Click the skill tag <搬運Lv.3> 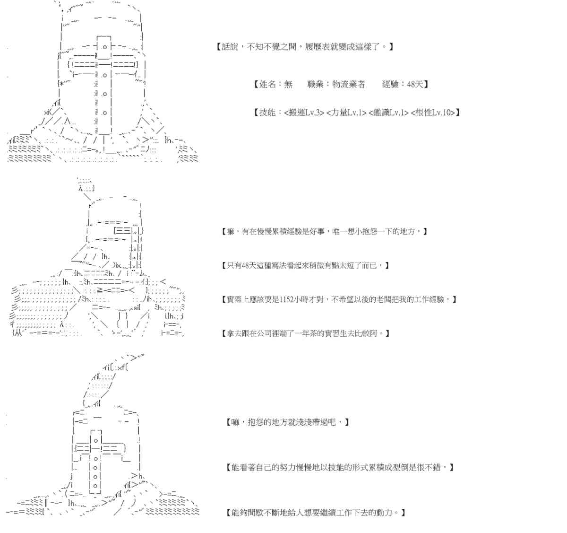[x=304, y=113]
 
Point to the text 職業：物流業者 [x=336, y=84]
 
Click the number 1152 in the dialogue [x=288, y=299]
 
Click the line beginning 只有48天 [x=305, y=265]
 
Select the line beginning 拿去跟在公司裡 [x=305, y=333]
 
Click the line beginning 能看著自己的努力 [x=340, y=467]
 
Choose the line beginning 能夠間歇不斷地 [x=316, y=513]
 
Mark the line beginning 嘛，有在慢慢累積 [x=324, y=231]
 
